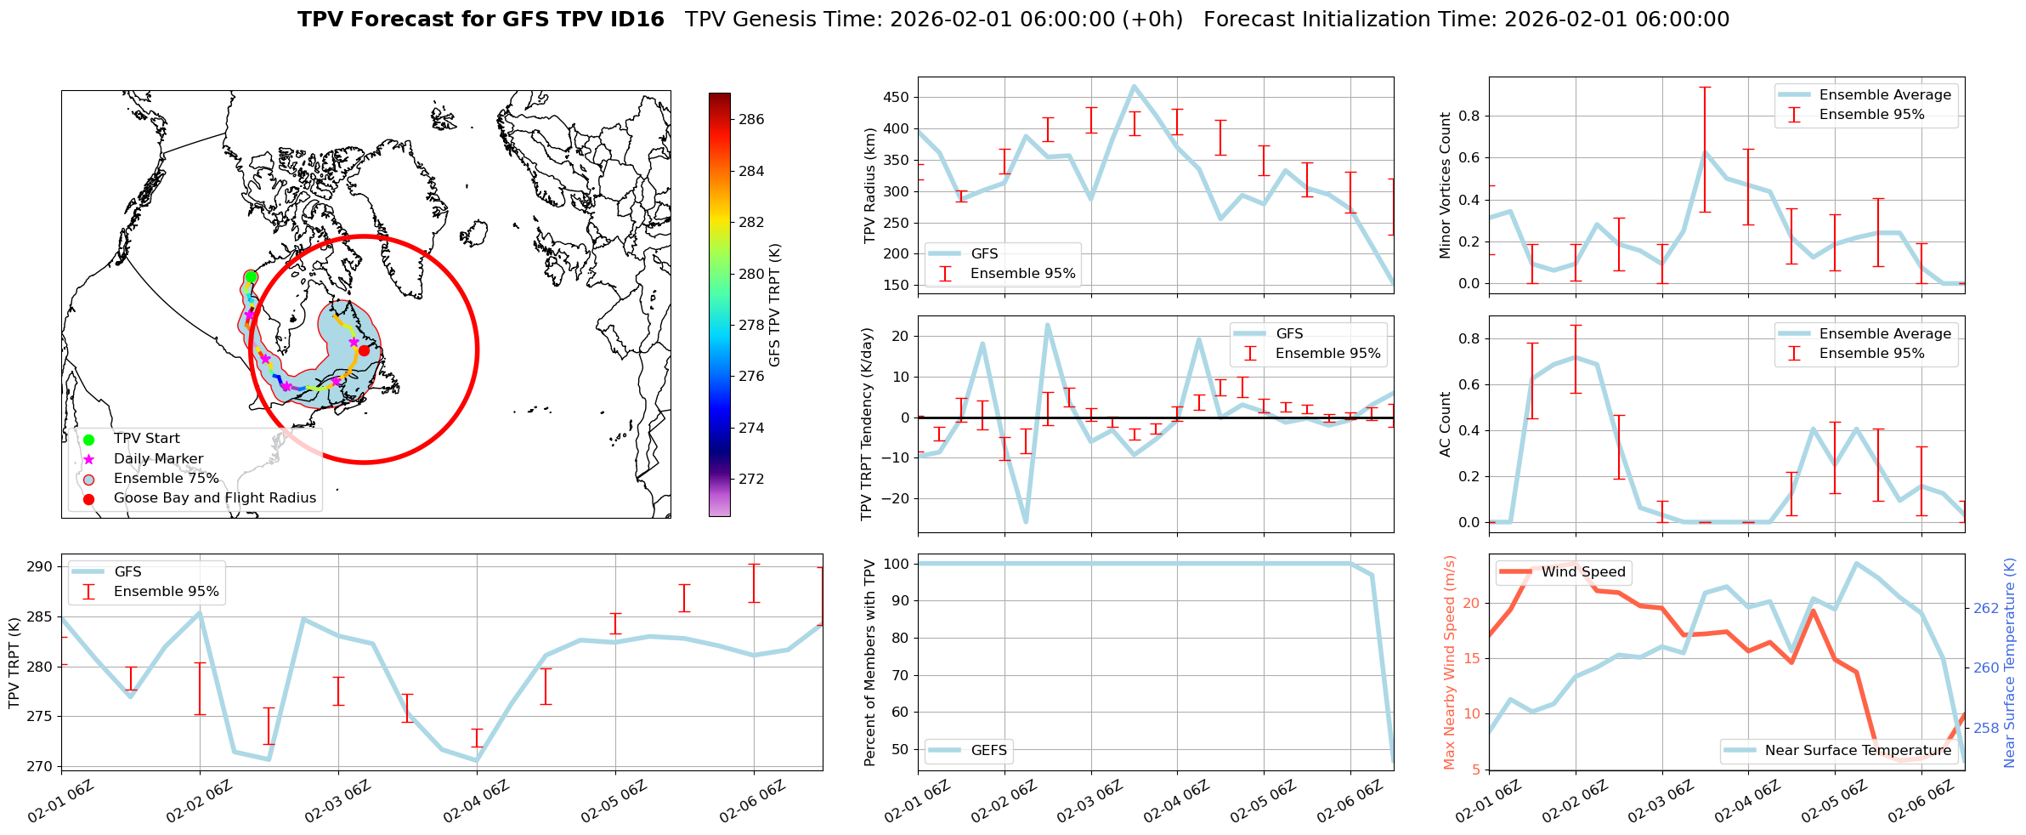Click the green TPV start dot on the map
click(x=251, y=277)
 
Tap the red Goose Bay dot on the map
click(x=364, y=350)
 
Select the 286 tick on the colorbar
click(x=751, y=119)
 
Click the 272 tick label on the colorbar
click(x=751, y=479)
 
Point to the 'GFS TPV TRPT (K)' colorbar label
click(x=774, y=305)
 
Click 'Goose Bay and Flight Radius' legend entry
click(x=214, y=498)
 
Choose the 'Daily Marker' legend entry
click(x=158, y=459)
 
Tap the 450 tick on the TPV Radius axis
click(x=897, y=97)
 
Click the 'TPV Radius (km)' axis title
click(x=869, y=185)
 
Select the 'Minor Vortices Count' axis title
click(x=1445, y=185)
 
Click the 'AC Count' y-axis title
click(x=1445, y=424)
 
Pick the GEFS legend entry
click(x=988, y=751)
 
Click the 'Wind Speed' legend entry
click(x=1582, y=572)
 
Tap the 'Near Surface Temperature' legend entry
click(x=1858, y=751)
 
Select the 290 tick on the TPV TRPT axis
click(x=41, y=567)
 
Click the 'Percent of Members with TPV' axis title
click(x=869, y=662)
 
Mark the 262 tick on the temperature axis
click(x=1987, y=608)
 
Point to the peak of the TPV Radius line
click(x=1135, y=86)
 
